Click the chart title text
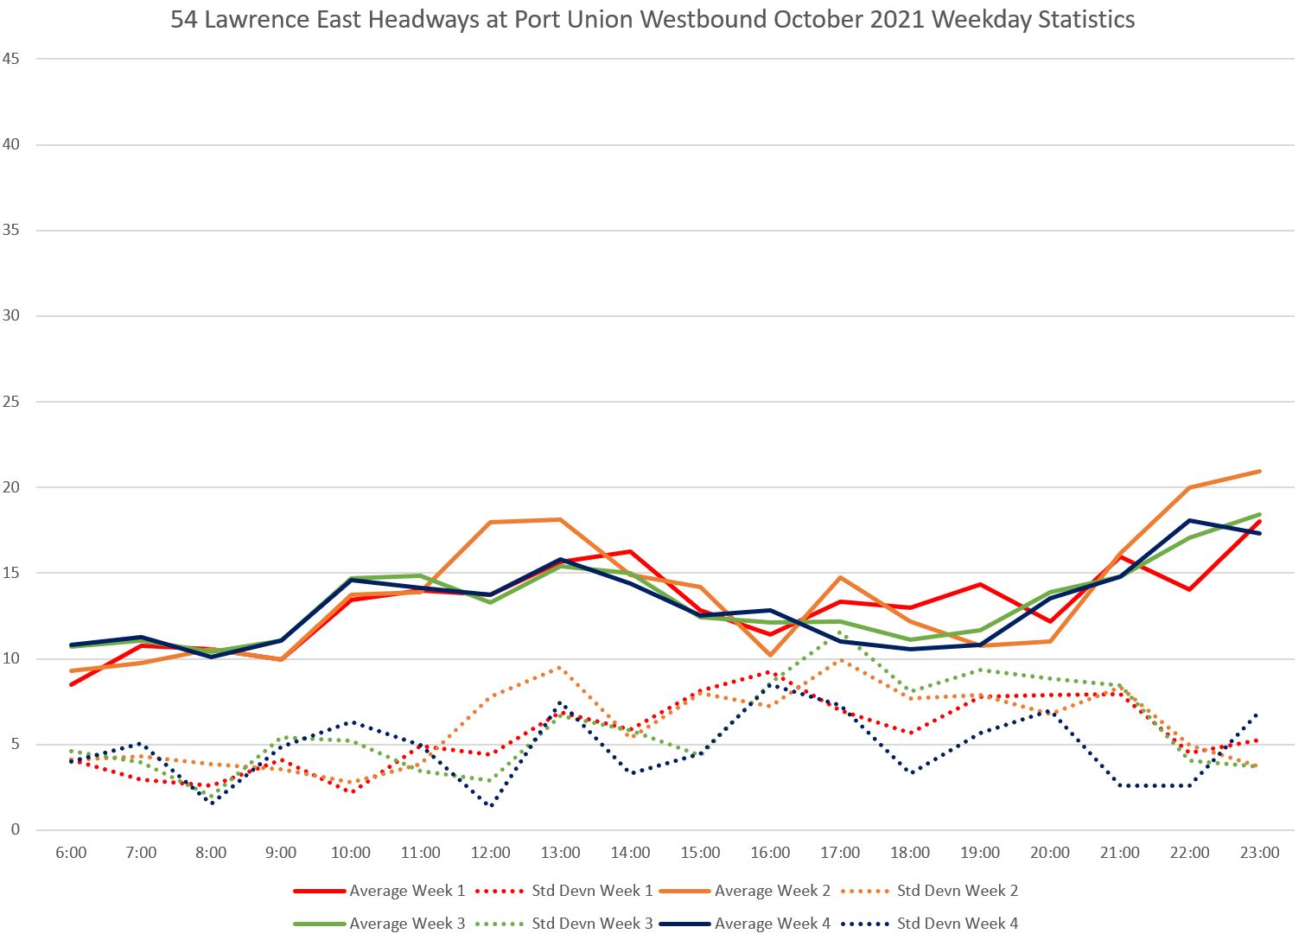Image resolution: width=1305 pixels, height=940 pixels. click(652, 19)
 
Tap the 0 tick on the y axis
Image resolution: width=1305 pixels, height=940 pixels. click(16, 830)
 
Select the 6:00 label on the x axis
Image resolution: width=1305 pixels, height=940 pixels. click(71, 853)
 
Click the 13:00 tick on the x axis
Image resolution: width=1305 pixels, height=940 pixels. click(560, 853)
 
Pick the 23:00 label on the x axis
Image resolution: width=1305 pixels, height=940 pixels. click(1259, 853)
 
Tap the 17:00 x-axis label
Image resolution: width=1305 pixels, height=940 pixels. click(840, 853)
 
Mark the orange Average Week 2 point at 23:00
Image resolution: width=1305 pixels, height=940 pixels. click(1259, 472)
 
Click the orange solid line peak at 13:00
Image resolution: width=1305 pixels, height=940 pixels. click(560, 520)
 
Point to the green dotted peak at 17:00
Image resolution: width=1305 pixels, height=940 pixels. click(840, 633)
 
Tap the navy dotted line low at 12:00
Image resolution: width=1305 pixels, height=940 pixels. click(491, 805)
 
